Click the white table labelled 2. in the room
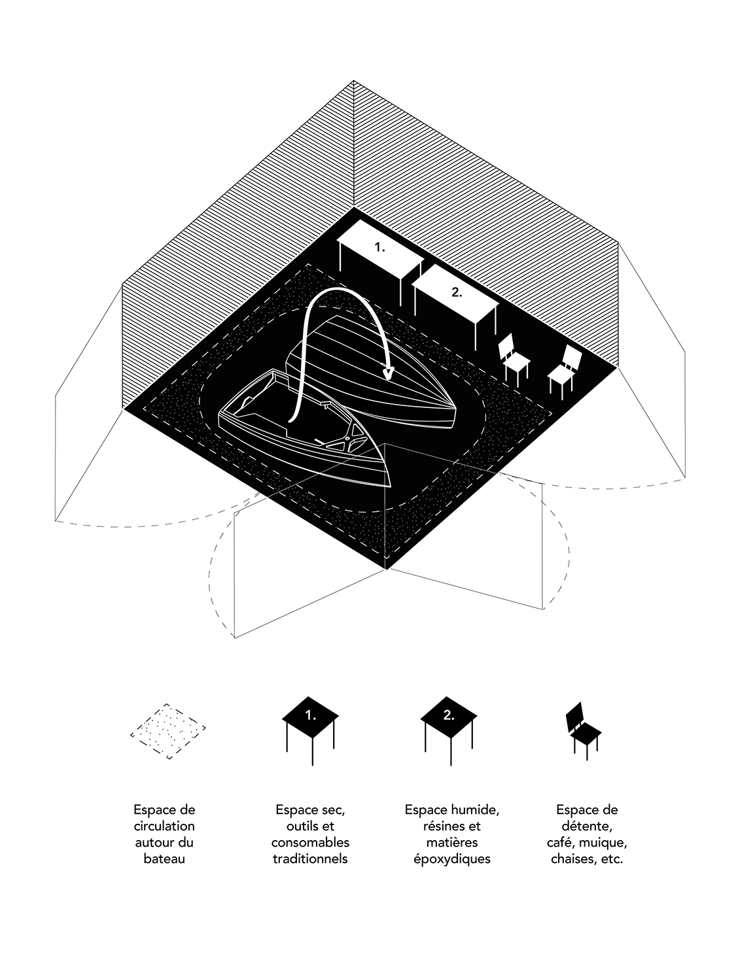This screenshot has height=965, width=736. (455, 293)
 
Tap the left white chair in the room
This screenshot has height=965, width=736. (514, 358)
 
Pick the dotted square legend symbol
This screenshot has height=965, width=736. (169, 731)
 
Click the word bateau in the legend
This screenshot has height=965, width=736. (164, 858)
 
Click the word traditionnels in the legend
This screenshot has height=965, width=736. (310, 858)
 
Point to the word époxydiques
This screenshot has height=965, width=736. (451, 858)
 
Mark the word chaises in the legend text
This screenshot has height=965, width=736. (572, 858)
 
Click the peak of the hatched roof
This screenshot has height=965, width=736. (353, 81)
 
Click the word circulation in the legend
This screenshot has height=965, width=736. (164, 826)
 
